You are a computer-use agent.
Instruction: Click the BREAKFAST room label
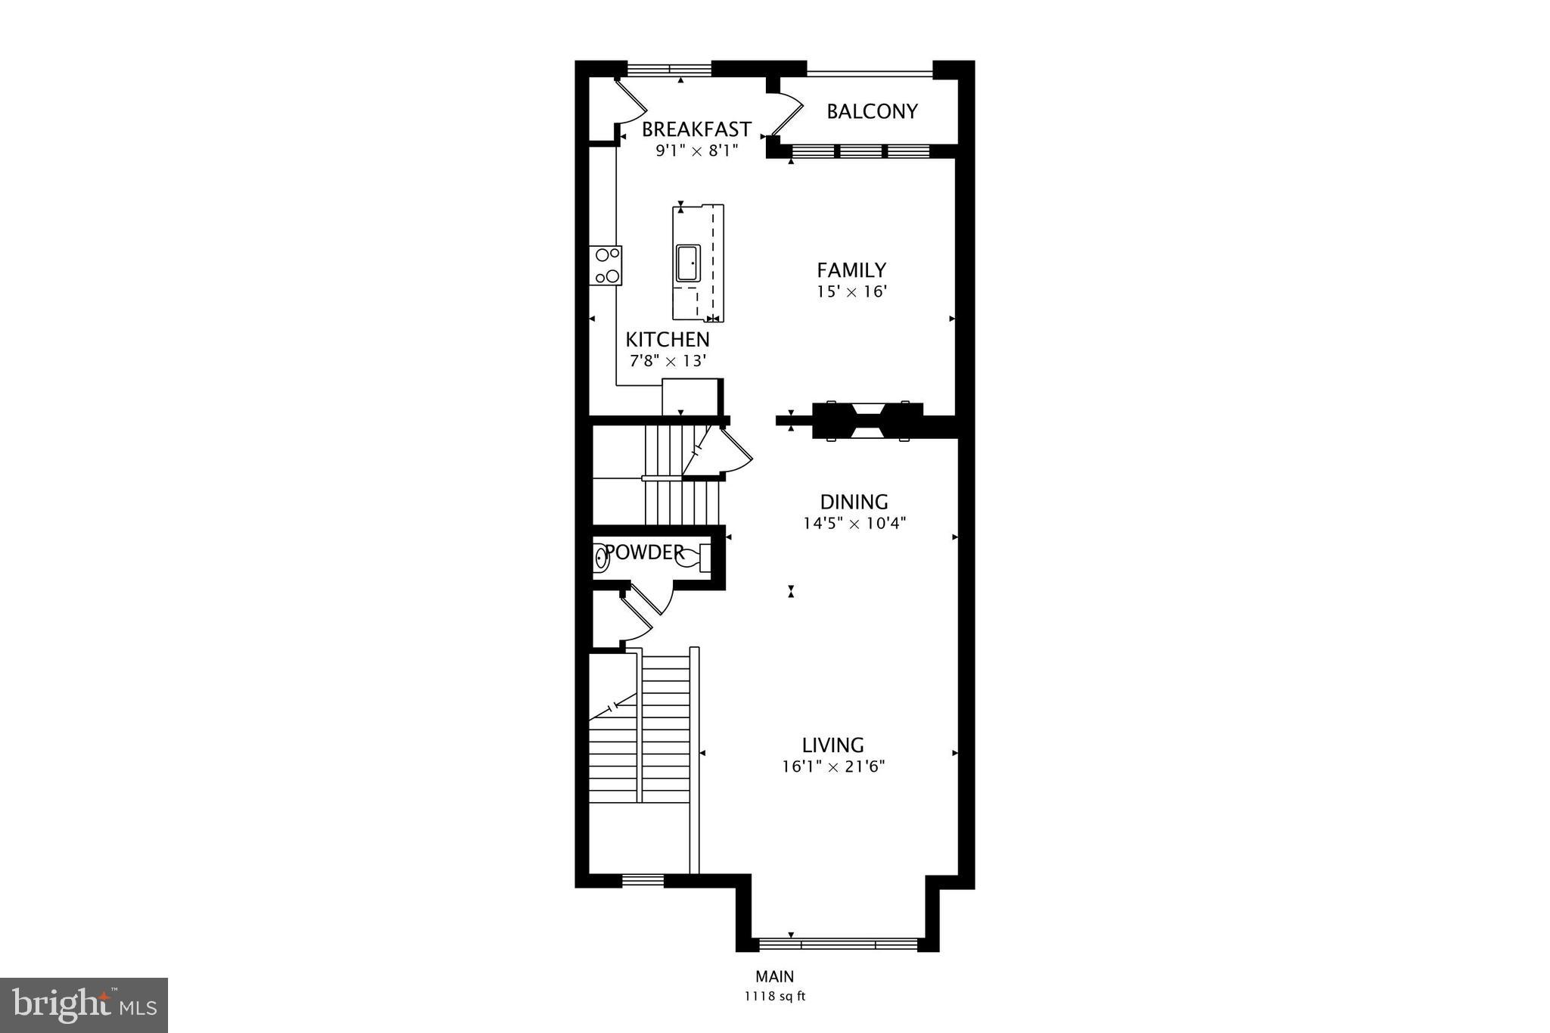(696, 129)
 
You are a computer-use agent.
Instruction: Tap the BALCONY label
(872, 112)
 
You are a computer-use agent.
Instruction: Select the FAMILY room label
(851, 270)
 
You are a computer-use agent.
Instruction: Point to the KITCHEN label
(668, 340)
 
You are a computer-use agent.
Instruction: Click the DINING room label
(854, 502)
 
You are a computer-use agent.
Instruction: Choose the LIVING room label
(833, 745)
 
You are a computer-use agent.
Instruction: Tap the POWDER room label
(644, 552)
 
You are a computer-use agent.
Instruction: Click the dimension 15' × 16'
(851, 291)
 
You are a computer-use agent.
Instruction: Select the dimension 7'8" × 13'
(668, 361)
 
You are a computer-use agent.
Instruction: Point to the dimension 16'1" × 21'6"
(833, 767)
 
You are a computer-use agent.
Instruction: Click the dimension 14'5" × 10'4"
(854, 523)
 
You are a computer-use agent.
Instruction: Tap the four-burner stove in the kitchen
(607, 266)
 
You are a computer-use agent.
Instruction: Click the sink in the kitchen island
(688, 263)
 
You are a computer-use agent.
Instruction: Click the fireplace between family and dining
(867, 421)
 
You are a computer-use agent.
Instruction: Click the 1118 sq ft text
(774, 997)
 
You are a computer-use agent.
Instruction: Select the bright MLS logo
(84, 1005)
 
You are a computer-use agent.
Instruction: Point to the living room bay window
(838, 944)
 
